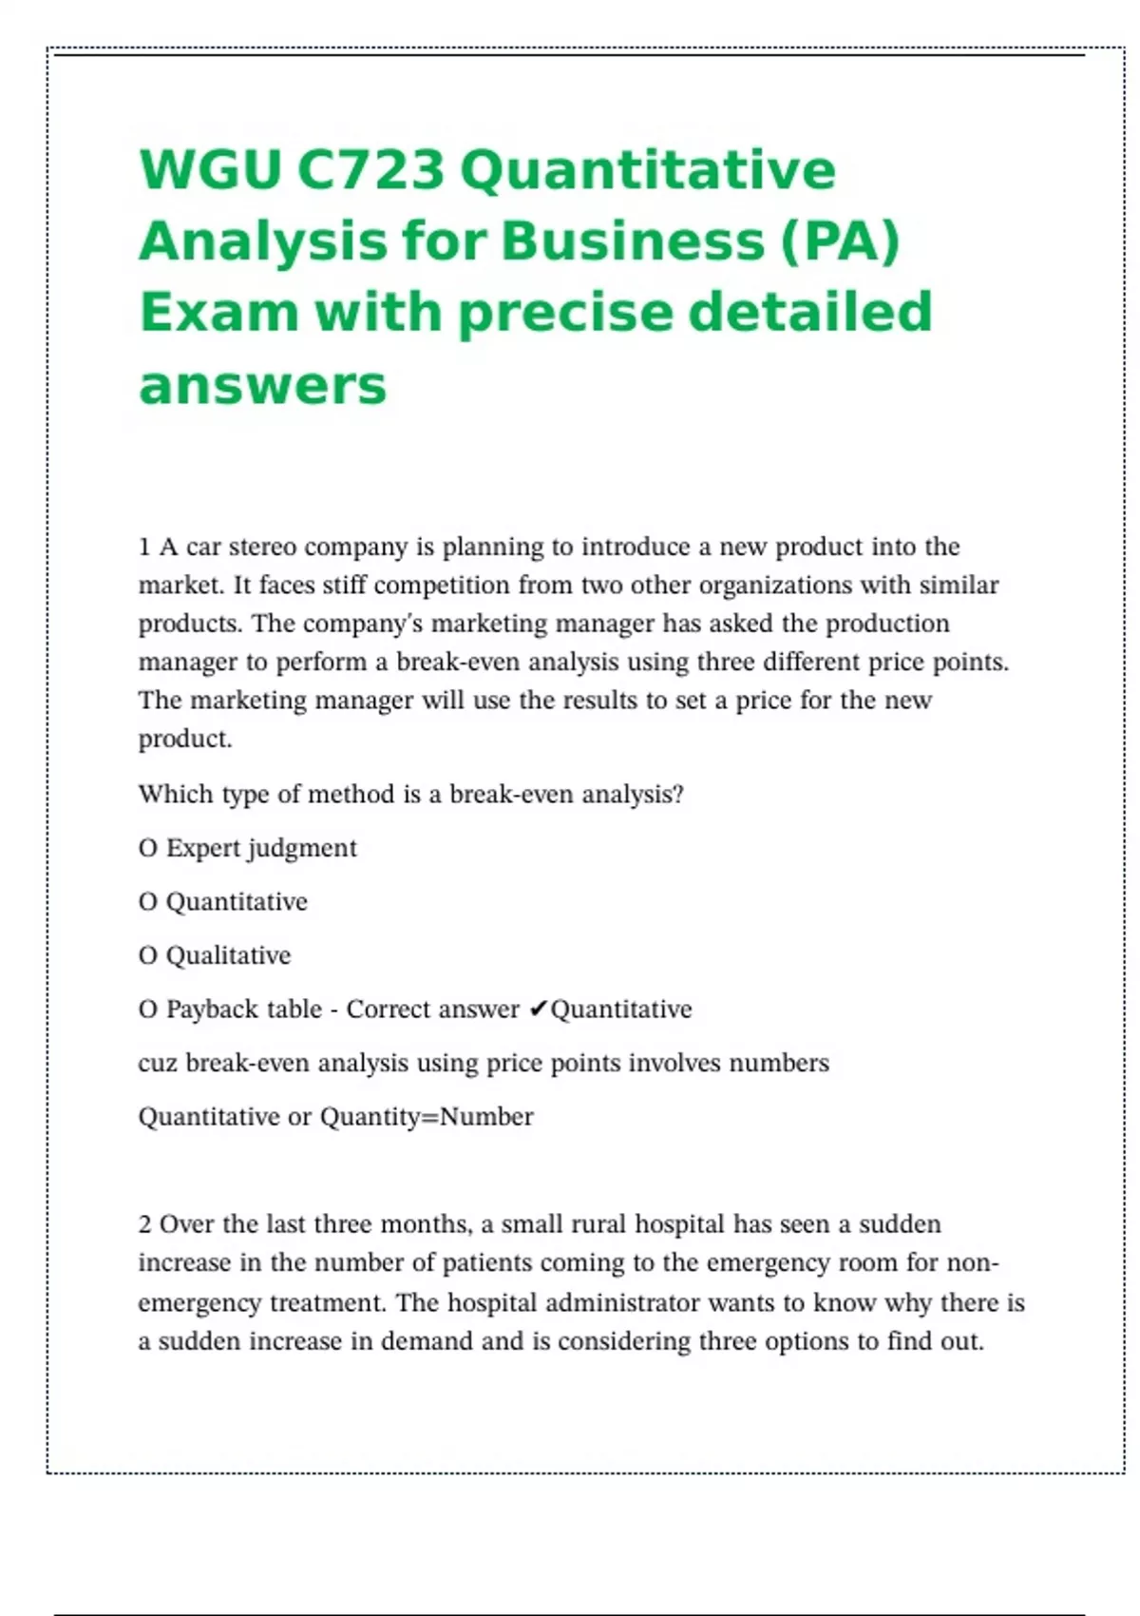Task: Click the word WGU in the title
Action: coord(210,169)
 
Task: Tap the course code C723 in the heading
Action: coord(370,169)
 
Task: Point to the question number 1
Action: coord(144,548)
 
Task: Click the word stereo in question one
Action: coord(262,548)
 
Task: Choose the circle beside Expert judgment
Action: coord(147,849)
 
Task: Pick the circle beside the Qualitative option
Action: coord(147,956)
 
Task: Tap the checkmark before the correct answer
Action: coord(538,1010)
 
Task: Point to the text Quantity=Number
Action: coord(427,1117)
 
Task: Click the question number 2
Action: coord(144,1224)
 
